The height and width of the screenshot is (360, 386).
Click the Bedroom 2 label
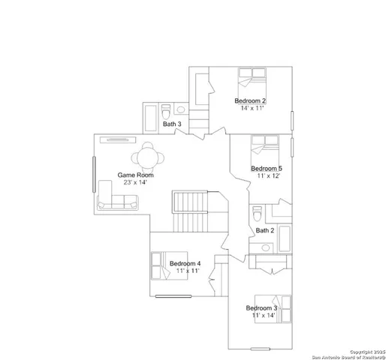[250, 100]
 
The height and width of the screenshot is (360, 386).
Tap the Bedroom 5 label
[267, 168]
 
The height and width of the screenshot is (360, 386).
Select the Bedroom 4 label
[185, 263]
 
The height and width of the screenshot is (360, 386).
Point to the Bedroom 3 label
[261, 308]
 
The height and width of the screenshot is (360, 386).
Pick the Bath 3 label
[173, 124]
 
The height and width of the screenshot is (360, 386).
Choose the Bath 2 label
[264, 230]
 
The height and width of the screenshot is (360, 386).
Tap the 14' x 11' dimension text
[252, 108]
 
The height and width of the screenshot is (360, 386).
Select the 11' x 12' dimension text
[267, 175]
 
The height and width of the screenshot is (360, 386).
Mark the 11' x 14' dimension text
[264, 316]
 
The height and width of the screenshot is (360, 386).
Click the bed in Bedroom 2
[252, 77]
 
